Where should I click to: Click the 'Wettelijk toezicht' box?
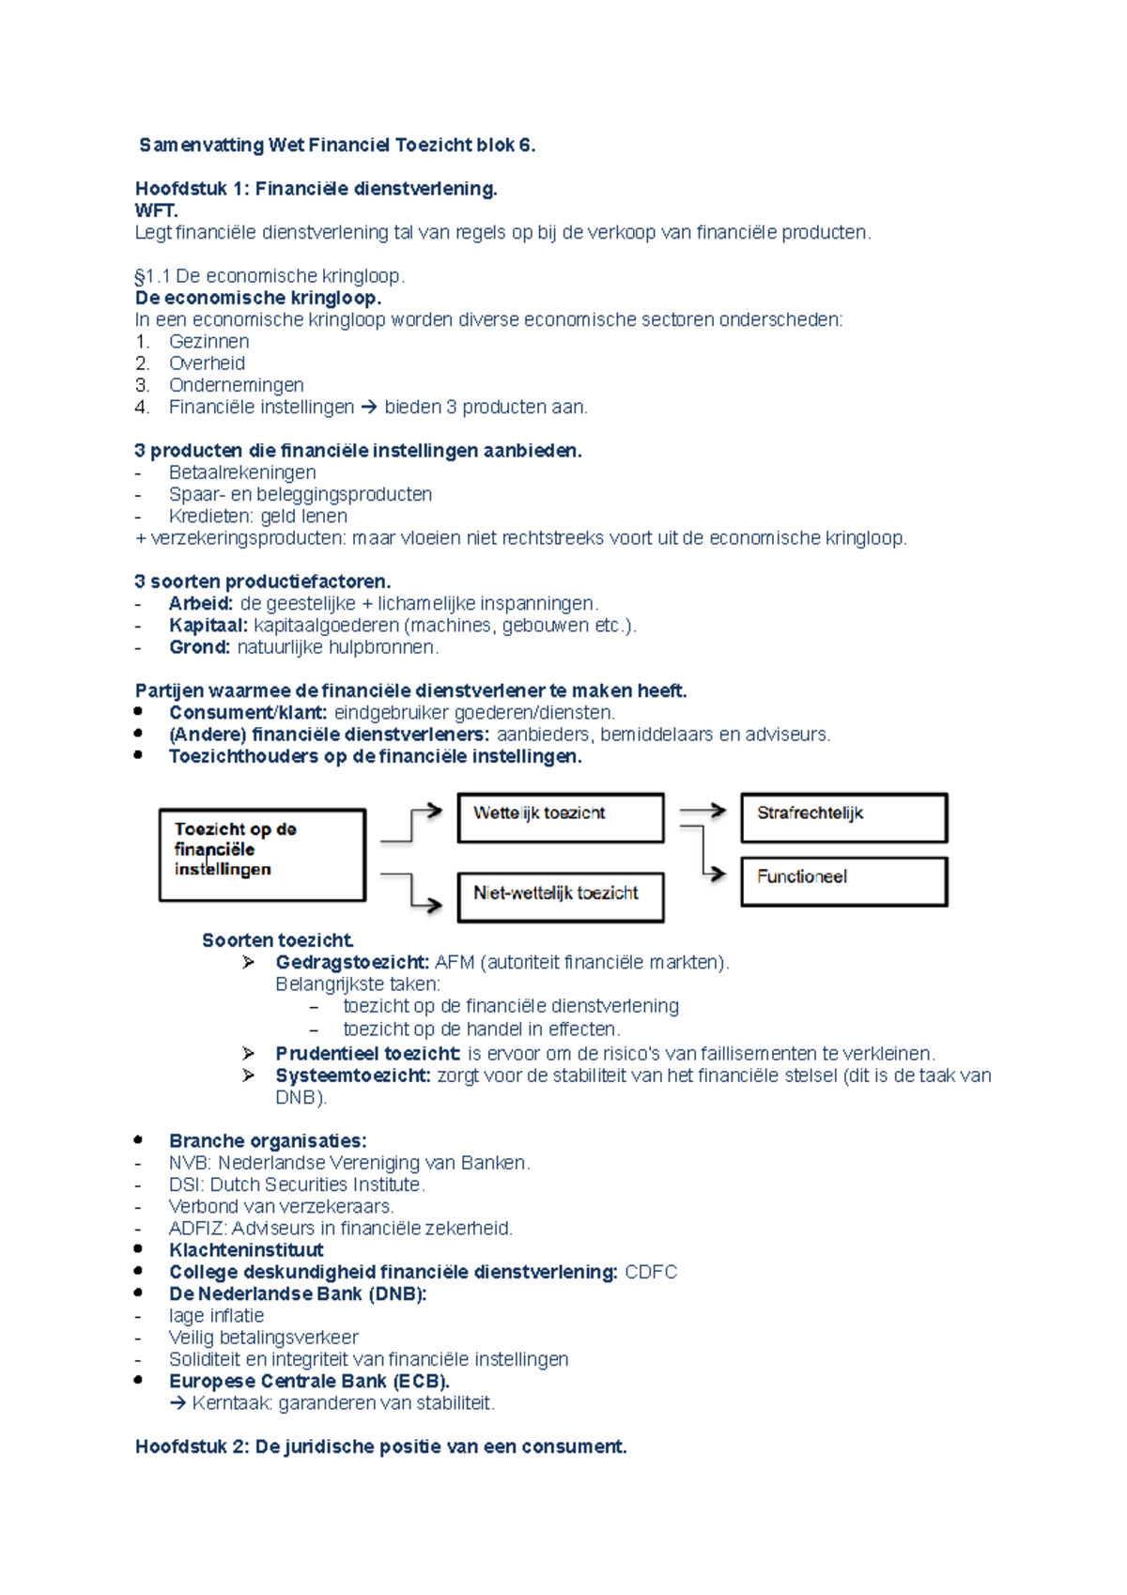pos(561,817)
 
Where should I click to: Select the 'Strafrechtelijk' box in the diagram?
pos(843,817)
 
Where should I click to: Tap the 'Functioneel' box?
pos(843,881)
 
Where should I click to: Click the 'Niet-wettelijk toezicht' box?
pos(561,897)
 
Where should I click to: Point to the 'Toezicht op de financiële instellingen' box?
pos(262,855)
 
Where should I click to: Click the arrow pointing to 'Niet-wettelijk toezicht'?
pos(413,892)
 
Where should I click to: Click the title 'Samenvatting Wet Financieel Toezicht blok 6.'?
pos(337,146)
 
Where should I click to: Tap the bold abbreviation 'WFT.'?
pos(157,210)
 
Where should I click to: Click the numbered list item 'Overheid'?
pos(207,364)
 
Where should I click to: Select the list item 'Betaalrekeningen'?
pos(242,472)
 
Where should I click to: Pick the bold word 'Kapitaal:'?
pos(208,626)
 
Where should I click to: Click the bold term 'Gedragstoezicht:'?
pos(352,962)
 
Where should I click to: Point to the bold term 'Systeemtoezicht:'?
pos(353,1076)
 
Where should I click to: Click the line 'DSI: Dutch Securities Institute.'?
pos(297,1185)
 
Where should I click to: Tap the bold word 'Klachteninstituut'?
pos(246,1250)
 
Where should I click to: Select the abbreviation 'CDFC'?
pos(651,1272)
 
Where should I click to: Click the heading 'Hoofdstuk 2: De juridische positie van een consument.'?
pos(380,1447)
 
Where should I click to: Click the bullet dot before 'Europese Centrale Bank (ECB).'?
pos(139,1380)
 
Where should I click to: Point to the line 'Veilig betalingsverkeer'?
pos(264,1338)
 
